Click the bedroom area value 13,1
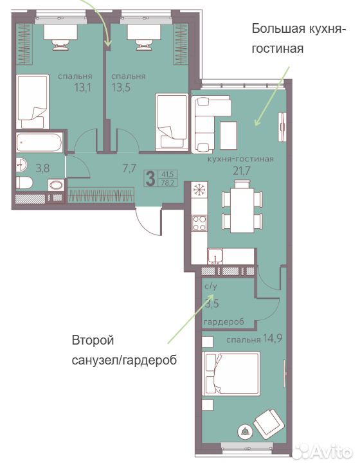(83, 87)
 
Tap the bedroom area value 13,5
(121, 87)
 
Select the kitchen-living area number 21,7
(241, 171)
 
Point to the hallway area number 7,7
(129, 168)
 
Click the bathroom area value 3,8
(42, 168)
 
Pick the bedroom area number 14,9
(273, 338)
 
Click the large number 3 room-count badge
(150, 178)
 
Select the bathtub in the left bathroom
(39, 142)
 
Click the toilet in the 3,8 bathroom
(24, 183)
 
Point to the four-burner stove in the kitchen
(199, 223)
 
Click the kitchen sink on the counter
(215, 256)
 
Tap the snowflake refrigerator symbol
(199, 190)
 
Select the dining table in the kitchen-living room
(242, 206)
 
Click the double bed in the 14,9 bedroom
(231, 373)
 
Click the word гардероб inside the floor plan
(224, 321)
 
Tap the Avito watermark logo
(322, 451)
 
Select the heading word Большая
(274, 29)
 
